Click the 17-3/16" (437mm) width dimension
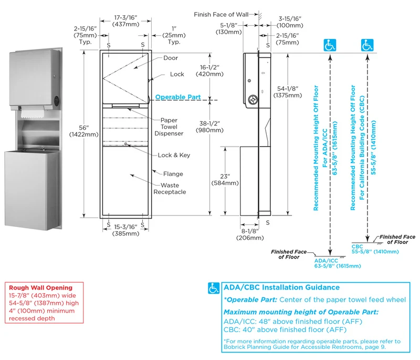[125, 21]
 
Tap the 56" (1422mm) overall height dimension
[84, 131]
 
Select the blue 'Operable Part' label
[178, 97]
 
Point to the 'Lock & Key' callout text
[174, 155]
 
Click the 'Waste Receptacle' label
[170, 189]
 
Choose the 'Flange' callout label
[173, 174]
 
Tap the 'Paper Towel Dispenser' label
[169, 127]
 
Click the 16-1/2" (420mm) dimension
[209, 71]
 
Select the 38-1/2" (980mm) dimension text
[209, 127]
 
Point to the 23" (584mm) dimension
[225, 180]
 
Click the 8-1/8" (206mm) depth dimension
[250, 234]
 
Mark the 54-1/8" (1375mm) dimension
[288, 92]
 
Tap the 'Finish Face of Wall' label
[221, 15]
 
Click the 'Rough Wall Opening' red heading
[41, 287]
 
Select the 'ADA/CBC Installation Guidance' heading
[281, 287]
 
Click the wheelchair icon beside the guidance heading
[214, 288]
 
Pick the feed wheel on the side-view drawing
[253, 100]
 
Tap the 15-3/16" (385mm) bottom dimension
[125, 230]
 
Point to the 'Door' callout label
[171, 58]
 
